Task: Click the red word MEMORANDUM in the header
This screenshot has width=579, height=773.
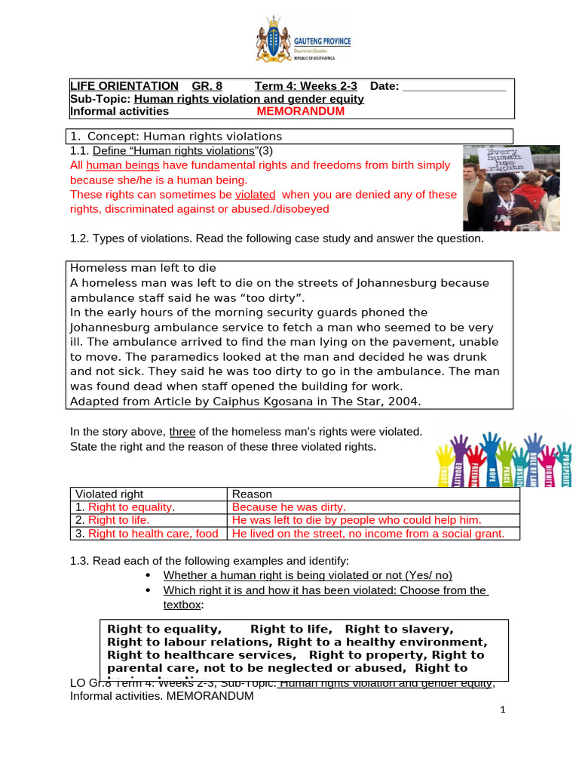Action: pos(300,111)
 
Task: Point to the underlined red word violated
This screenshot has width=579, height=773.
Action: pos(257,194)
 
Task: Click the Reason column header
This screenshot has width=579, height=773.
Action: pos(252,494)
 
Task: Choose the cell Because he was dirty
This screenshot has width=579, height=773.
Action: pos(289,507)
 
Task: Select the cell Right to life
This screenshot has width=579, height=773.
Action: pos(119,520)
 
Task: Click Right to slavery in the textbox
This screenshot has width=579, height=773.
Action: pos(400,629)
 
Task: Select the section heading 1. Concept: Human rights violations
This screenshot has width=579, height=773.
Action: pos(176,136)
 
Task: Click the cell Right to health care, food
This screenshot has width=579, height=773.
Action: pos(153,534)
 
